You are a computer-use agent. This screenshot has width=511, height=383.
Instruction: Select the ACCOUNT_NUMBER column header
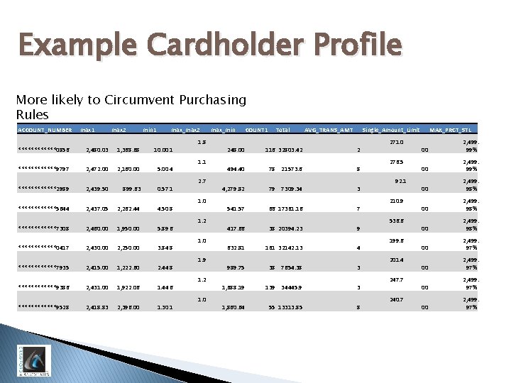44,130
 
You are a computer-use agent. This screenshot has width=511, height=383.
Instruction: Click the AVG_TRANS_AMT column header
328,130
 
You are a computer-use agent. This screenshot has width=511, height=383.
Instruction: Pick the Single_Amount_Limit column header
391,130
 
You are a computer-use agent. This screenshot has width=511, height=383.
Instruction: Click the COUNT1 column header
256,130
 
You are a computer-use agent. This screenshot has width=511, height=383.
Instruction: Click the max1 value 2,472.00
97,170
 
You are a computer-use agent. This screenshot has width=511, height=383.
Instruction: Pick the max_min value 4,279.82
233,189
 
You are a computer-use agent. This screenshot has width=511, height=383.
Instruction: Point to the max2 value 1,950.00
130,229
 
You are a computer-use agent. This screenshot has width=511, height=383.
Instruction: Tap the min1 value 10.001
163,150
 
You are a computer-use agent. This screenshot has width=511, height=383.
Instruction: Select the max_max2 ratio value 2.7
202,181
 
